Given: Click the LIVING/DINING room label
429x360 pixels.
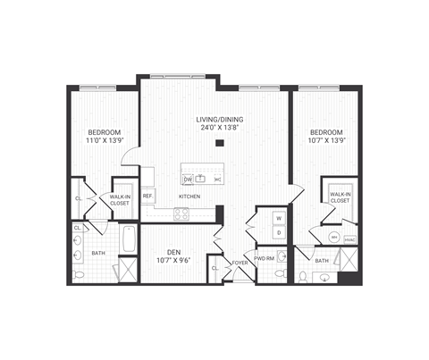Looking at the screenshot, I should point(219,119).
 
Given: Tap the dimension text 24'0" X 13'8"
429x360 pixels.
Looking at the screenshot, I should point(219,129).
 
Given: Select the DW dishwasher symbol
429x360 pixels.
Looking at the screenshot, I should point(189,178).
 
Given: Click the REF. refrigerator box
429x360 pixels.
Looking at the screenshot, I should point(147,196).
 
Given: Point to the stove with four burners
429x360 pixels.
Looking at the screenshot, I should point(181,213).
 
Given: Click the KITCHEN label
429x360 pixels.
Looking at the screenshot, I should point(189,196).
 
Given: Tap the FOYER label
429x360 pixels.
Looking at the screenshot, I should point(240,264).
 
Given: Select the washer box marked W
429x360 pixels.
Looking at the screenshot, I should point(278,218).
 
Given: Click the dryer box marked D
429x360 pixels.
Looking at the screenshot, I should point(278,233).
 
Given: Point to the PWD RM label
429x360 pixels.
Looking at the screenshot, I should point(265,258).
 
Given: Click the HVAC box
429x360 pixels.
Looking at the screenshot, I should point(349,239).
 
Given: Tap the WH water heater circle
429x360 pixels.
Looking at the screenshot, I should point(333,238).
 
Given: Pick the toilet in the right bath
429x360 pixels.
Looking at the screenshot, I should point(305,276).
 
